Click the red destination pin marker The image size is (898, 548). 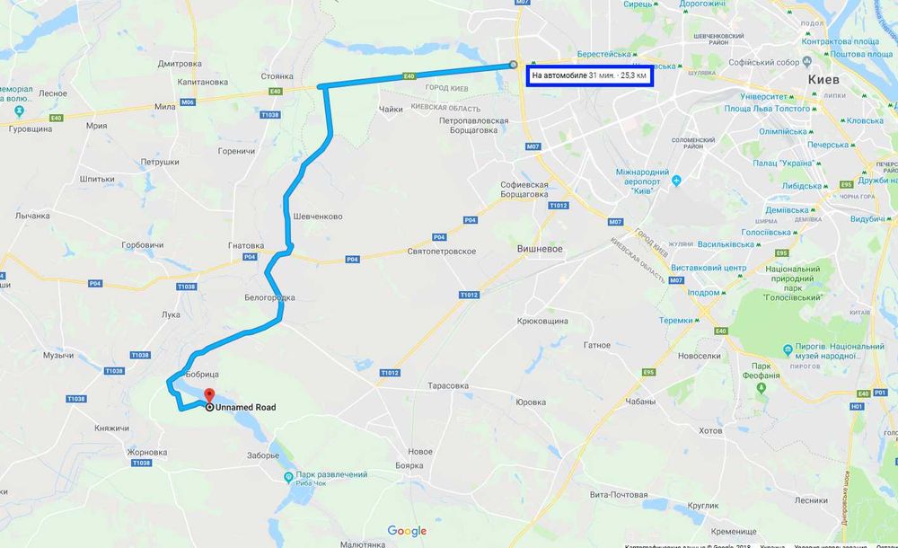207,395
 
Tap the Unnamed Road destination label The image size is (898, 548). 244,407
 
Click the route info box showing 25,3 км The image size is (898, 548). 589,75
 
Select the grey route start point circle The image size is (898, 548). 513,65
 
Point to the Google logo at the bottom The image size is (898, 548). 407,531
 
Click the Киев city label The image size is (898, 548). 823,80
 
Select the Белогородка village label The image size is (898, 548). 269,297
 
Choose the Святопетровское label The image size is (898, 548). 441,252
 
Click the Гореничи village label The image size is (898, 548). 237,151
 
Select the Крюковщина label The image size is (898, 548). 543,321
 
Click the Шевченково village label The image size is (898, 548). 318,217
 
